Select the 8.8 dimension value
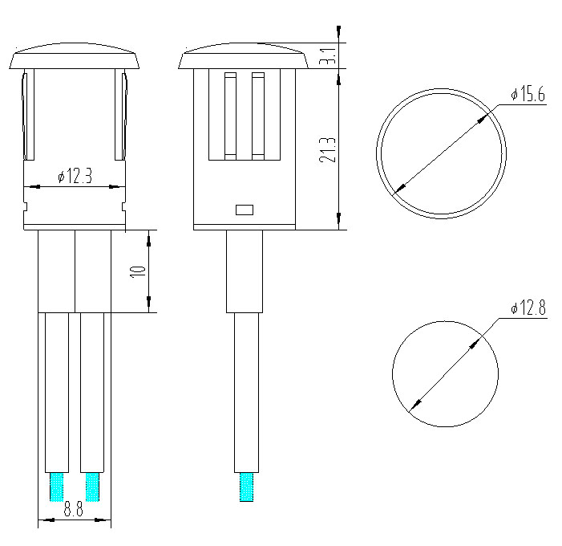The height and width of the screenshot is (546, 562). tap(74, 509)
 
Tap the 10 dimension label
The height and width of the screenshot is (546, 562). tap(139, 271)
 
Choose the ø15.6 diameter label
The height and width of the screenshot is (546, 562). tap(528, 96)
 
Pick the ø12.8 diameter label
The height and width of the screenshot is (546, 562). tap(528, 308)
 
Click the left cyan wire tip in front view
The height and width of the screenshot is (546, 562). tap(57, 487)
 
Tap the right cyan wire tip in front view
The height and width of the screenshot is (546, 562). tap(92, 487)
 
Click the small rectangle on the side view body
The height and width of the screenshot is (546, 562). tap(244, 210)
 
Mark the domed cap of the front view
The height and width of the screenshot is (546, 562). tap(75, 58)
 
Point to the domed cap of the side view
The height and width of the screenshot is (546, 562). tap(244, 58)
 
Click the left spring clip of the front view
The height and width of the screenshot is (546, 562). tap(29, 116)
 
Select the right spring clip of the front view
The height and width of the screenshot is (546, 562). tap(122, 116)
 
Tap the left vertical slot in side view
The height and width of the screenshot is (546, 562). tap(231, 114)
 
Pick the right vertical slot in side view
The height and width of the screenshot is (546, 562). tap(257, 114)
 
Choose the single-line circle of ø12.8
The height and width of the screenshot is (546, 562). tap(445, 373)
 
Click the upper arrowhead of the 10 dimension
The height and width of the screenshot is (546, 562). tap(149, 238)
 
